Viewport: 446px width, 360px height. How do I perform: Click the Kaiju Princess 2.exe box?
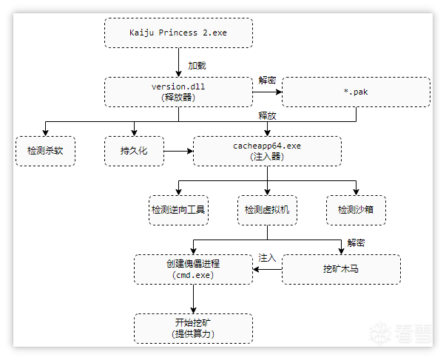178,33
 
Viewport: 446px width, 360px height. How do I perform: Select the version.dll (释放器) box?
178,92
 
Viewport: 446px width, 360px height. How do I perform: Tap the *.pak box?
356,92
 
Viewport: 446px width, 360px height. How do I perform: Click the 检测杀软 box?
45,151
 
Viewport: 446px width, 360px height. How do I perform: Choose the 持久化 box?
134,151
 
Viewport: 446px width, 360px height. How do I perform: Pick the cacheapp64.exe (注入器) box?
267,151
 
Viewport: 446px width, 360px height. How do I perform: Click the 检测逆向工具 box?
178,210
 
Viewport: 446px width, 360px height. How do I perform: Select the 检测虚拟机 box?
267,210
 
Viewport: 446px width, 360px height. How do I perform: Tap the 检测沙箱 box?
356,210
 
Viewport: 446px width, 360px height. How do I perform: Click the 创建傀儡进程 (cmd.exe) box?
193,269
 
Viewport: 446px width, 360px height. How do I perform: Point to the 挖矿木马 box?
341,269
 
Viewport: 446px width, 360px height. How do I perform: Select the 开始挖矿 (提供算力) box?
193,328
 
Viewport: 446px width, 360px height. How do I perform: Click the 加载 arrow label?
197,65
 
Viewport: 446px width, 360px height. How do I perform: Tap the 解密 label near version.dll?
267,80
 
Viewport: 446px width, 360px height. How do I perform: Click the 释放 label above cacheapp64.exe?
267,116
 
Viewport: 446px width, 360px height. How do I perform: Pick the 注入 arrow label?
267,258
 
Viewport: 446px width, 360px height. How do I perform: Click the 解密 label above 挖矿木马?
356,242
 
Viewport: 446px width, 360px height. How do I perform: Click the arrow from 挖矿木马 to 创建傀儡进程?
267,270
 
